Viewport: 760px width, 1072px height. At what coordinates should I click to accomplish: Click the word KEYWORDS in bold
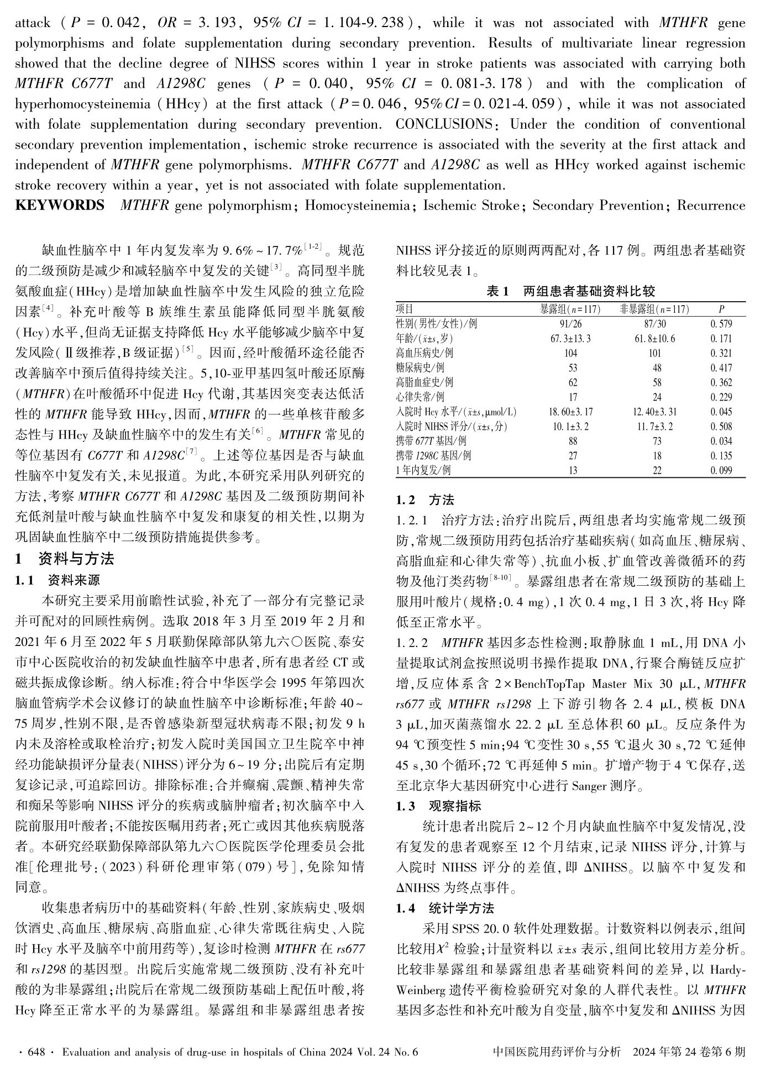59,206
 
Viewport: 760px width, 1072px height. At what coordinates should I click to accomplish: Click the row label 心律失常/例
420,397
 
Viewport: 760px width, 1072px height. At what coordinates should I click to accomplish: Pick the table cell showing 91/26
570,324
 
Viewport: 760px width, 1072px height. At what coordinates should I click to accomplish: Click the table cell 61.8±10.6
655,338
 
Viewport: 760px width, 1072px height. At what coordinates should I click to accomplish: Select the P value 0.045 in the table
721,412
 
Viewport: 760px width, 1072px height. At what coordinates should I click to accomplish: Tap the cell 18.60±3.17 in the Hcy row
570,412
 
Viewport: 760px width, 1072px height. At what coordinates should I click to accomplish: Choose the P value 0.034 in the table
721,441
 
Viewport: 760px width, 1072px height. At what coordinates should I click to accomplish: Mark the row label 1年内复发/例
423,470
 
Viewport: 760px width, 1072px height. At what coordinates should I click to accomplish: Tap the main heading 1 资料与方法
65,559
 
